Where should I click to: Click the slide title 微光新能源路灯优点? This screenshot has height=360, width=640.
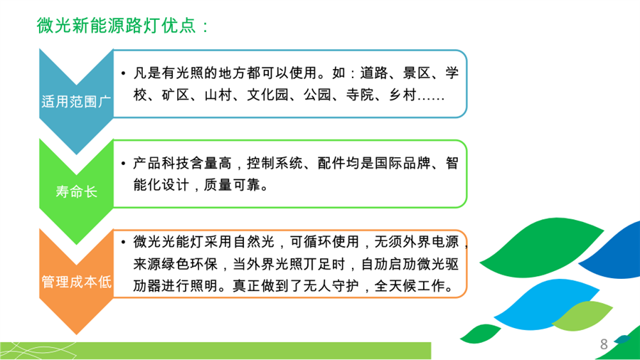pos(117,26)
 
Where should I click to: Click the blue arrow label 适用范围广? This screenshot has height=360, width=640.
pos(76,101)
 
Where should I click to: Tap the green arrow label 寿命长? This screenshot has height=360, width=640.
pos(76,191)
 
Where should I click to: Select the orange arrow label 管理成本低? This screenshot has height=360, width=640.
pos(76,282)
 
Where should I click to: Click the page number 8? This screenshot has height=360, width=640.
pos(604,344)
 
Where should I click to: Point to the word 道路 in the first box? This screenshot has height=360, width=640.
pos(374,73)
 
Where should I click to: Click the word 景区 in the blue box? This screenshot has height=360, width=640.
pos(416,73)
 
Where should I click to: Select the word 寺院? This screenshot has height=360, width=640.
pos(360,95)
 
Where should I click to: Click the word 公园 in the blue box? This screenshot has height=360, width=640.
pos(317,95)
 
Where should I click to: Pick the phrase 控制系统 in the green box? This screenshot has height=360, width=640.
pos(274,163)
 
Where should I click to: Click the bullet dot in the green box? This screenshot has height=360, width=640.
pos(123,164)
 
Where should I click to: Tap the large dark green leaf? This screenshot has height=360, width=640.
pos(541,248)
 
